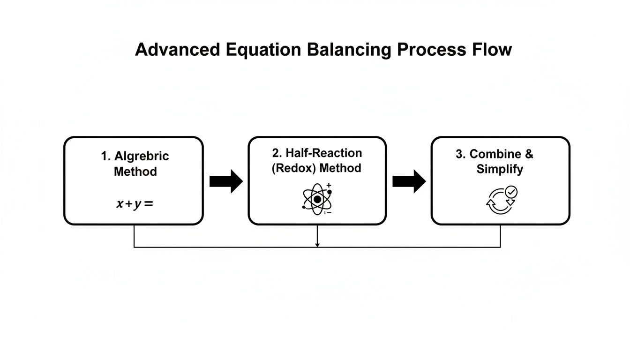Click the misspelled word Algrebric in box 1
pos(142,156)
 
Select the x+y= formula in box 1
pos(135,204)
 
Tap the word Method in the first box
pos(135,172)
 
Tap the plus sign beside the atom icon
pos(329,186)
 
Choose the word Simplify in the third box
pos(500,169)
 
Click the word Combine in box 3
pos(489,154)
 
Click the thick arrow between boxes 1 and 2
pos(226,181)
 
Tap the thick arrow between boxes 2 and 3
pos(409,181)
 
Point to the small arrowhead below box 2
pos(317,244)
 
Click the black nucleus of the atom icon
pos(317,200)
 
